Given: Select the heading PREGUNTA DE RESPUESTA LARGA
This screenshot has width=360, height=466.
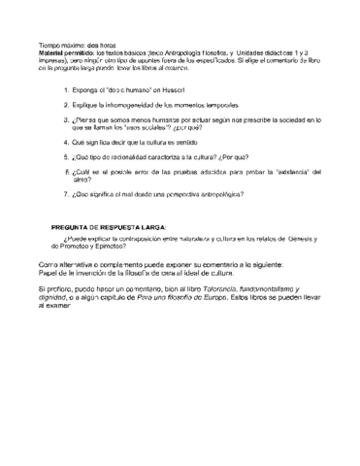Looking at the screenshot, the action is [x=108, y=226].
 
